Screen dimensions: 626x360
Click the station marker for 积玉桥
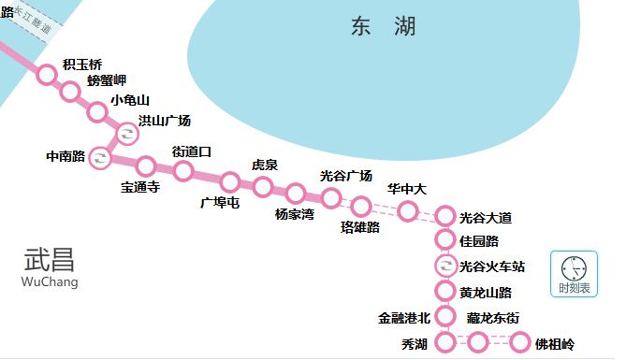tap(47, 72)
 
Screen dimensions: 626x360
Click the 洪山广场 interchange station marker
tap(125, 134)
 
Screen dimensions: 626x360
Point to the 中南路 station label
tap(66, 156)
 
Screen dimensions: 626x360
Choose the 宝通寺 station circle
tap(146, 166)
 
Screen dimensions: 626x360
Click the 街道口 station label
tap(192, 151)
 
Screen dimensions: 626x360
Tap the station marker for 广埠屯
tap(230, 181)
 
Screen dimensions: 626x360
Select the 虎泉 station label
tap(265, 166)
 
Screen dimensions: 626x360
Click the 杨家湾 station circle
tap(296, 194)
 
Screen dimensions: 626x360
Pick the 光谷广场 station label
tap(346, 175)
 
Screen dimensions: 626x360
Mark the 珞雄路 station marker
tap(361, 207)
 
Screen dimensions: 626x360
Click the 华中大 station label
tap(407, 189)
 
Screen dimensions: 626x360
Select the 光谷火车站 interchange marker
tap(445, 266)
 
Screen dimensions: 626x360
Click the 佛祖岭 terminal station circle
tap(520, 343)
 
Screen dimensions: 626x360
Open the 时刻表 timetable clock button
tap(574, 274)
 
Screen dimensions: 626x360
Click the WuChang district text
tap(50, 281)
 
